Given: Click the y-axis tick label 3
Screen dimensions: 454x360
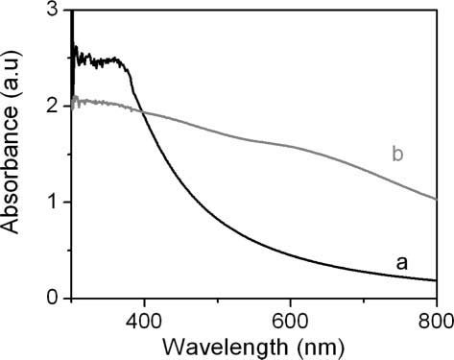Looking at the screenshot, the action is pyautogui.click(x=51, y=10).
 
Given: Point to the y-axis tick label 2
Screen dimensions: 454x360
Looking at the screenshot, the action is pyautogui.click(x=51, y=106).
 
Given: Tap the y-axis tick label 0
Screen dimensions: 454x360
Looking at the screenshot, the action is pyautogui.click(x=51, y=298).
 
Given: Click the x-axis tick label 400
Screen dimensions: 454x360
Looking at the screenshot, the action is pyautogui.click(x=144, y=321).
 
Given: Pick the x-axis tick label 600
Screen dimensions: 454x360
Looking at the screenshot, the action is pyautogui.click(x=290, y=321).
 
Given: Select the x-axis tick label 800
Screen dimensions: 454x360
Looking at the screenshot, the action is pyautogui.click(x=436, y=321).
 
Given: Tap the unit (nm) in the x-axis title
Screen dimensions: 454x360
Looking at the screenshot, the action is pyautogui.click(x=321, y=348).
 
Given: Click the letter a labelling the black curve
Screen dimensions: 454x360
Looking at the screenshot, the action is pyautogui.click(x=402, y=264).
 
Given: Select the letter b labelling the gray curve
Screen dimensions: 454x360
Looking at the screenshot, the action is pyautogui.click(x=397, y=155).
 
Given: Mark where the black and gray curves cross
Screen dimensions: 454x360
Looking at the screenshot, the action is pyautogui.click(x=142, y=112).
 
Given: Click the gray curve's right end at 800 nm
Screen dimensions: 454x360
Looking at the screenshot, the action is pyautogui.click(x=436, y=199).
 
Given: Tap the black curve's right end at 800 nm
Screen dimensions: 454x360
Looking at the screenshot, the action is pyautogui.click(x=436, y=280).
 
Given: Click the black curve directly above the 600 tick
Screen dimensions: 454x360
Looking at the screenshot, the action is pyautogui.click(x=290, y=255).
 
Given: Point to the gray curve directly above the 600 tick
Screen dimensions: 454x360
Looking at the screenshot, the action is pyautogui.click(x=290, y=146).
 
